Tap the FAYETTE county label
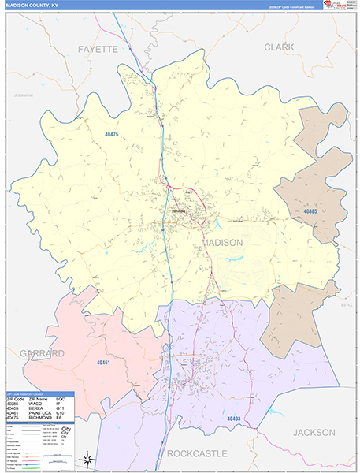tap(97, 49)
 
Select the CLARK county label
tap(279, 47)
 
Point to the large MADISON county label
tap(223, 243)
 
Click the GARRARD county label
tap(43, 354)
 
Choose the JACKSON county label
tap(314, 433)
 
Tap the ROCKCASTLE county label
tap(197, 453)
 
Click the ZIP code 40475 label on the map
tap(111, 135)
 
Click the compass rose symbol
tap(88, 459)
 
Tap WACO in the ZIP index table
tap(35, 404)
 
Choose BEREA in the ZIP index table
tap(36, 408)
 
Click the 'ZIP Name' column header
tap(37, 399)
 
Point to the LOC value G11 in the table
tap(61, 408)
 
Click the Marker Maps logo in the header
tap(336, 6)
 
